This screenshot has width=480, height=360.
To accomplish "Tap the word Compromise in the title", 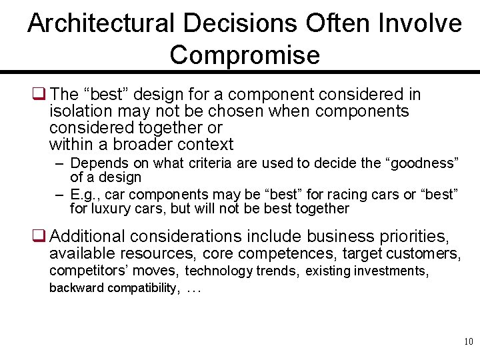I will pos(245,55).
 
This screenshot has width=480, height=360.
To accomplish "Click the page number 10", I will pos(467,342).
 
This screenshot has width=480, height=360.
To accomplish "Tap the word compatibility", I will pos(143,288).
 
